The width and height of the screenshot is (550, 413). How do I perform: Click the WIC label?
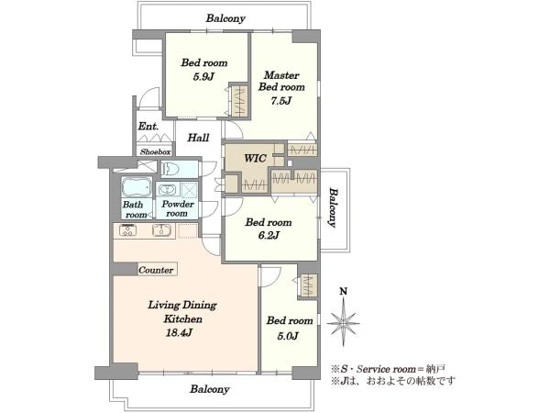255,159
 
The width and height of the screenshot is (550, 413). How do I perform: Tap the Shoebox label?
156,152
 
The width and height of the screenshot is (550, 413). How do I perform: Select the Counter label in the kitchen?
156,270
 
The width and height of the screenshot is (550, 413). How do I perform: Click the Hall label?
198,138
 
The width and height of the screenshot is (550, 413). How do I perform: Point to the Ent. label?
148,126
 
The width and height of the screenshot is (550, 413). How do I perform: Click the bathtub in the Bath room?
137,187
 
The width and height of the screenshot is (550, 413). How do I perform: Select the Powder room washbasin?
167,190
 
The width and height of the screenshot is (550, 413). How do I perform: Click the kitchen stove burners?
127,230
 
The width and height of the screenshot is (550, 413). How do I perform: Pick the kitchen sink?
161,230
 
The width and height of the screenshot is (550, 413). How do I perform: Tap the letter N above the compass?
344,291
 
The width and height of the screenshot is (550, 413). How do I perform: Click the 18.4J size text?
179,332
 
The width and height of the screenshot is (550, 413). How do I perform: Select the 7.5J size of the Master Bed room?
281,101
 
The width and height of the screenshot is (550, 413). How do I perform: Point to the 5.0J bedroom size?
288,336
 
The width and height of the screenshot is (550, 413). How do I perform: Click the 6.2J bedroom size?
269,235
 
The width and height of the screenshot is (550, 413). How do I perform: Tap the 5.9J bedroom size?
203,76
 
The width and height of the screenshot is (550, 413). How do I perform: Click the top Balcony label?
225,18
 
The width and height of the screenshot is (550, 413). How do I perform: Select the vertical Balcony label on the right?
334,208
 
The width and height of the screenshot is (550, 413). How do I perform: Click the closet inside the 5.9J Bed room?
239,100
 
